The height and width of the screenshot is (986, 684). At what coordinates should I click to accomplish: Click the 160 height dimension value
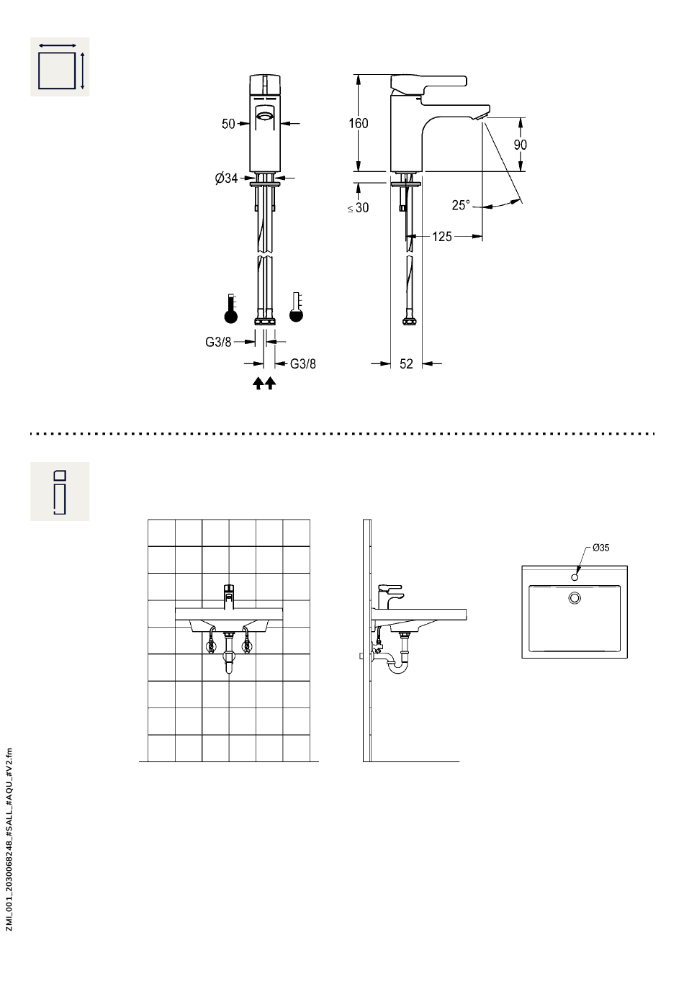(358, 123)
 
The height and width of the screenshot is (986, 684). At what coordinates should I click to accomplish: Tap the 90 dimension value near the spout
(520, 145)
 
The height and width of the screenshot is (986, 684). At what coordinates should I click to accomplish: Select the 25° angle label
(461, 205)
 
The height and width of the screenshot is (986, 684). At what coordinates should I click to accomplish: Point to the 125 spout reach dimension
(442, 237)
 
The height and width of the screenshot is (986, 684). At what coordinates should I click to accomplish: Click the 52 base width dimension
(406, 363)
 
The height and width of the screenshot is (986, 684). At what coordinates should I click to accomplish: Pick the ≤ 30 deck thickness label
(358, 208)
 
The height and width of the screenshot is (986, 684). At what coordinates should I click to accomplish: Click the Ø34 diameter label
(226, 178)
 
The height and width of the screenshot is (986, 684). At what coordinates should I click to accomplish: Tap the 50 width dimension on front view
(228, 124)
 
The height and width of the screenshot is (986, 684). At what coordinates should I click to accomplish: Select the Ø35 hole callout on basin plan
(600, 548)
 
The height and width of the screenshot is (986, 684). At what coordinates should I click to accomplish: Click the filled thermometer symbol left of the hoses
(231, 309)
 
